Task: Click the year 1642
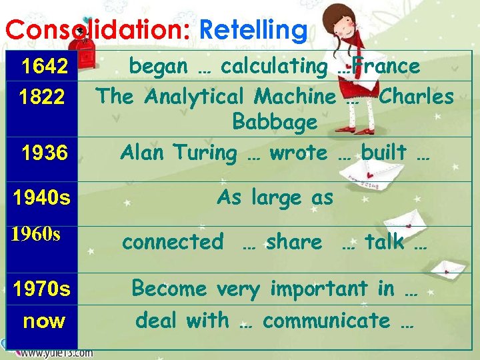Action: point(45,67)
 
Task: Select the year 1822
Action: point(41,98)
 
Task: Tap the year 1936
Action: point(44,153)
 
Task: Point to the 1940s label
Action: point(42,197)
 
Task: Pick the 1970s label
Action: point(42,289)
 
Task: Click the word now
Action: point(44,321)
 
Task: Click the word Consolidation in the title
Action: point(97,30)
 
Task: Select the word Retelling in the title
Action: point(253,30)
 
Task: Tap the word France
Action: point(387,66)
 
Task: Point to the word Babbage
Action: point(275,123)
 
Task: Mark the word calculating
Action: point(274,67)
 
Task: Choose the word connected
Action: point(173,241)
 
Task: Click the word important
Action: point(319,289)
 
